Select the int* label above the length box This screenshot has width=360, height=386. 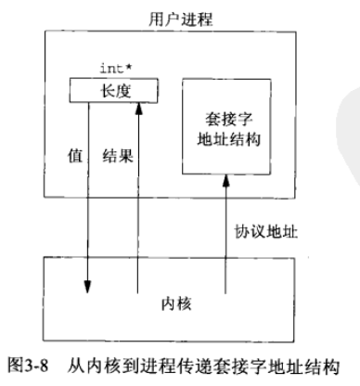pos(112,67)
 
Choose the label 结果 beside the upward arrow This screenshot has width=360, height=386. pos(117,158)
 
